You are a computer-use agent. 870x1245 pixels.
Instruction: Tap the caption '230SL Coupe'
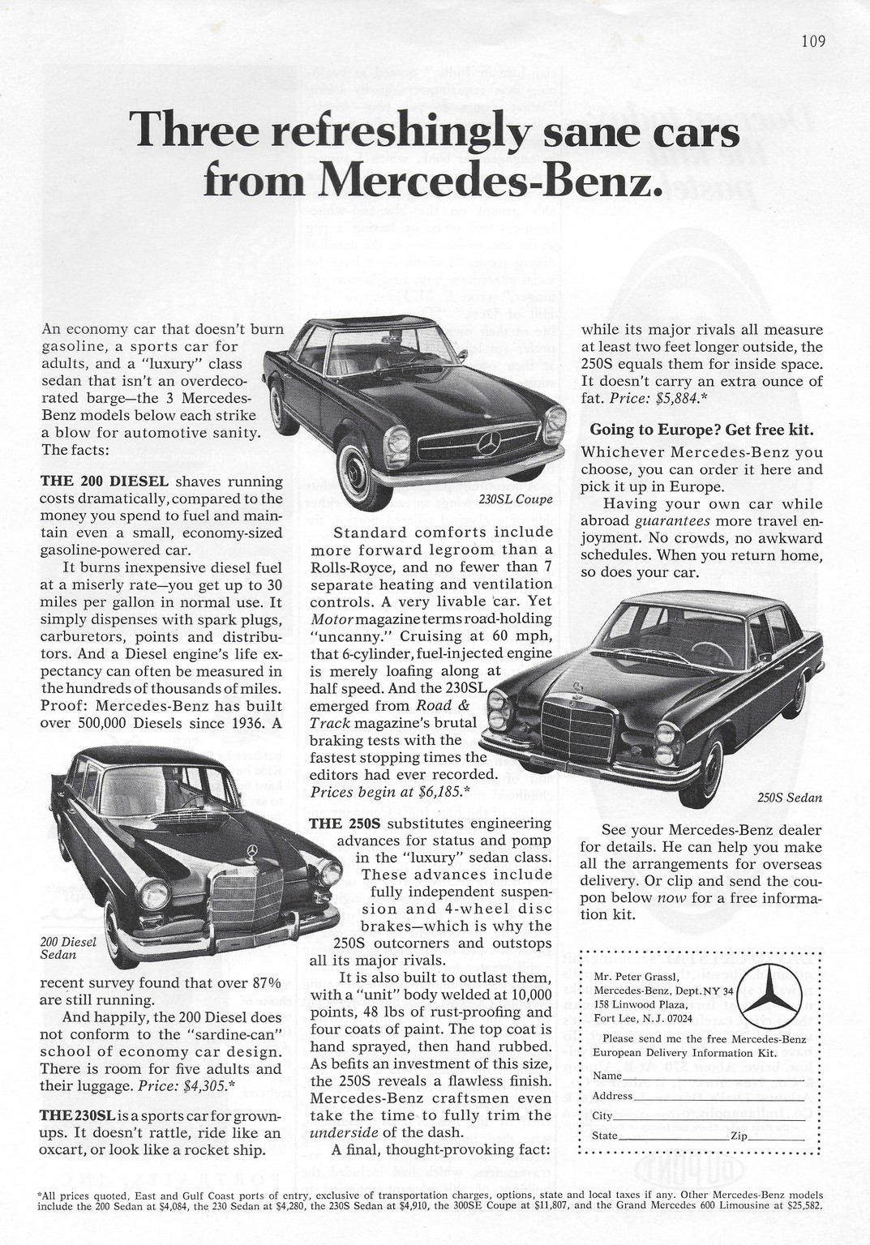pos(516,498)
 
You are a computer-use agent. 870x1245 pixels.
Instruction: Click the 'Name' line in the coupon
pos(697,1076)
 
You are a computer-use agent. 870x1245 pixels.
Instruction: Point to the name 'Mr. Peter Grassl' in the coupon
pos(633,976)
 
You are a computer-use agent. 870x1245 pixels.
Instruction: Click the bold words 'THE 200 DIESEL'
pos(94,481)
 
